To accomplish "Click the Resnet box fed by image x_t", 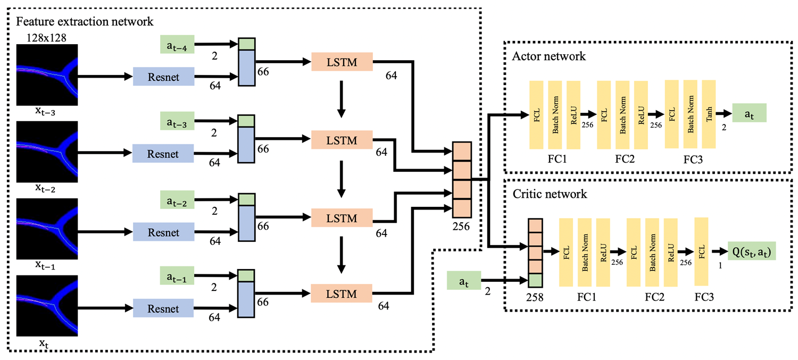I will pyautogui.click(x=163, y=308).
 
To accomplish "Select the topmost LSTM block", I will pyautogui.click(x=342, y=63).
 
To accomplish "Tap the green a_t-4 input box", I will pyautogui.click(x=178, y=44).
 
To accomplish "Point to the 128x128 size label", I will pyautogui.click(x=48, y=37).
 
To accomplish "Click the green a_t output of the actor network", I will pyautogui.click(x=749, y=113).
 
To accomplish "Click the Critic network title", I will pyautogui.click(x=550, y=194).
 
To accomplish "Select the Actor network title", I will pyautogui.click(x=548, y=56).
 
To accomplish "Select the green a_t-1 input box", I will pyautogui.click(x=178, y=277).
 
